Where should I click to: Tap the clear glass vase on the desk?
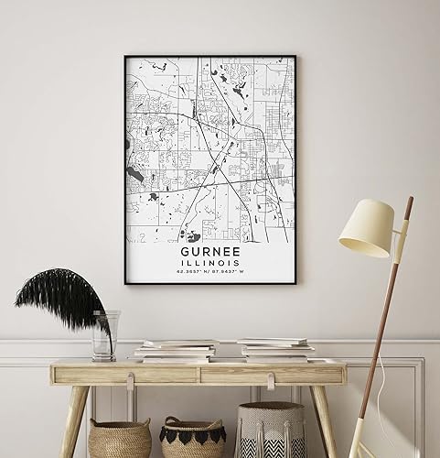[104, 335]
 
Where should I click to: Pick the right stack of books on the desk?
[274, 348]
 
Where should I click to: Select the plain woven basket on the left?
[119, 438]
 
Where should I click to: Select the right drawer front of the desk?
[272, 374]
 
